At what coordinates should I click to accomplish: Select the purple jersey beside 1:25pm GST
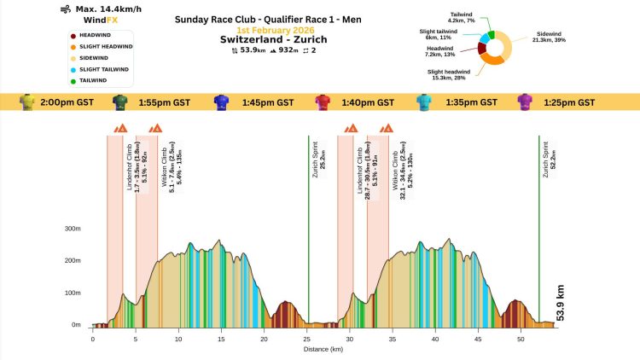tap(525, 102)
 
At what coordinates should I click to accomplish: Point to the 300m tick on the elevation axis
tap(72, 229)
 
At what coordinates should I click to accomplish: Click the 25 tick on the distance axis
tap(306, 339)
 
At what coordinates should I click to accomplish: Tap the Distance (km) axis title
tap(323, 349)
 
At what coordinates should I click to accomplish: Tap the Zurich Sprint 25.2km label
tap(319, 156)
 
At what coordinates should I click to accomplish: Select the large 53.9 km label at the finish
tap(561, 303)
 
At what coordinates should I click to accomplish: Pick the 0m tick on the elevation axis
tap(75, 325)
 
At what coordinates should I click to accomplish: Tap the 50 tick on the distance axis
tap(521, 339)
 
